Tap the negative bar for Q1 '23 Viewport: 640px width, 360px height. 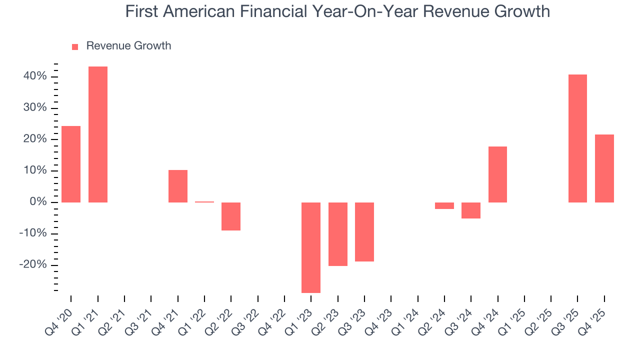tap(311, 247)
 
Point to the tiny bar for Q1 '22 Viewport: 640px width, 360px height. tap(204, 202)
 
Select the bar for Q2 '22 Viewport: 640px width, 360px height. tap(231, 216)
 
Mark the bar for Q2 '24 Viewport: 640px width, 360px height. tap(444, 205)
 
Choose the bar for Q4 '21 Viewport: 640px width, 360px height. tap(178, 186)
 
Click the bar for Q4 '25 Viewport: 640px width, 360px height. tap(604, 168)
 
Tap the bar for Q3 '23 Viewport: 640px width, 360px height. tap(364, 232)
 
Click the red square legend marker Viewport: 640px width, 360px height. tap(75, 46)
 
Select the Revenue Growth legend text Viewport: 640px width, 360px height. tap(128, 46)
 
